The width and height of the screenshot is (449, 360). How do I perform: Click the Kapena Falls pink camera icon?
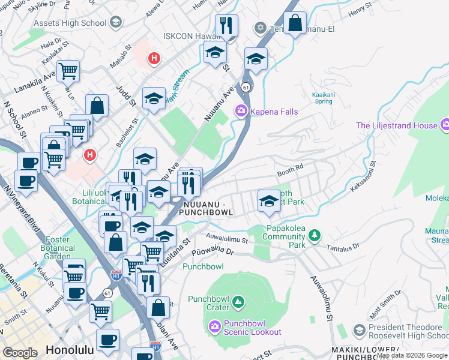pos(241,111)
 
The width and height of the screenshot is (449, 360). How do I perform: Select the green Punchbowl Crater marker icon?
pos(238,301)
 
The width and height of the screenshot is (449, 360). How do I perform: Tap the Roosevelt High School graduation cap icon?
pos(359,330)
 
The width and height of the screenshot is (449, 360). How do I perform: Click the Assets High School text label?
pos(70,23)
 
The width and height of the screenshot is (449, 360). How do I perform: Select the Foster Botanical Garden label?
pos(58,248)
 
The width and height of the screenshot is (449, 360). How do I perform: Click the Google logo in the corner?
pos(20,353)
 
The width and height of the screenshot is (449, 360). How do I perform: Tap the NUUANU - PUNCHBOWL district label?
pos(206,208)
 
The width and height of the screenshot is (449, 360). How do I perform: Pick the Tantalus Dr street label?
pos(344,247)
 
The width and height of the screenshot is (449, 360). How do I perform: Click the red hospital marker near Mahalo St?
pos(154,58)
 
